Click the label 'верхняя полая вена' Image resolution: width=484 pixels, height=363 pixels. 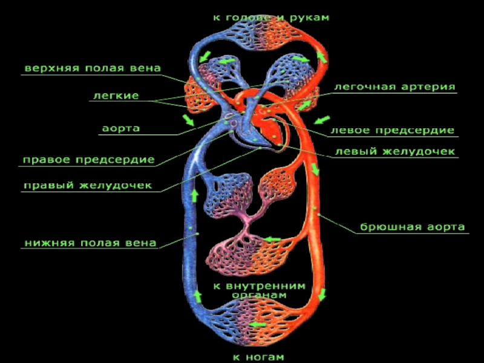(93, 68)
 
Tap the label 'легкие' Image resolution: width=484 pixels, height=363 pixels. (116, 96)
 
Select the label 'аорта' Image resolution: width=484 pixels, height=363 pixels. (121, 128)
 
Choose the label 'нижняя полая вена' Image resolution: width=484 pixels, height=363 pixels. (90, 243)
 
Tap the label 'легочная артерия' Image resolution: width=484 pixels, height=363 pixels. (395, 87)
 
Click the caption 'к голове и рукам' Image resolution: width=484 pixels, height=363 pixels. (270, 18)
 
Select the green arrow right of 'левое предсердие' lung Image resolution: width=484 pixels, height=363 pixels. (322, 119)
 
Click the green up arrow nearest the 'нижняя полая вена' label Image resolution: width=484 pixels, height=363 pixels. (195, 195)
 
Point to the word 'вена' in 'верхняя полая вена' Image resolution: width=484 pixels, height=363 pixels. (145, 68)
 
